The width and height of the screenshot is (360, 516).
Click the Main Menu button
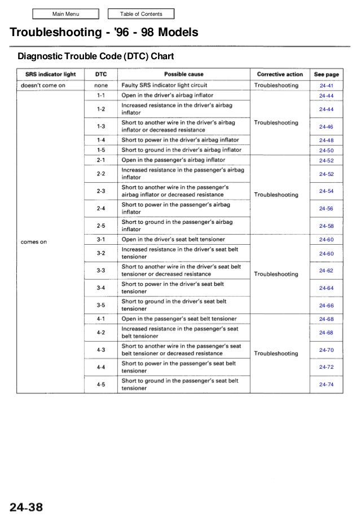[65, 14]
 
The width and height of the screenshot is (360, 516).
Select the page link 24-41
[326, 85]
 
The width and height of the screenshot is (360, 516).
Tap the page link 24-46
[326, 127]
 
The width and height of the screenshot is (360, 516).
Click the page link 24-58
[326, 226]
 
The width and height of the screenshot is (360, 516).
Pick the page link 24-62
[326, 271]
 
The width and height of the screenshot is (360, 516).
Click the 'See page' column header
[326, 74]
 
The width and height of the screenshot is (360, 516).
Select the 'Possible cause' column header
[184, 74]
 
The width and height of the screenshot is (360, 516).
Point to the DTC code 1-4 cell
[100, 140]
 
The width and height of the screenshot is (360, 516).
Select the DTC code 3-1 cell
[100, 240]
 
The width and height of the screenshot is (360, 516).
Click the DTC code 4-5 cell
[100, 385]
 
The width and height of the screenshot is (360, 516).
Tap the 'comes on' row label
[34, 242]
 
